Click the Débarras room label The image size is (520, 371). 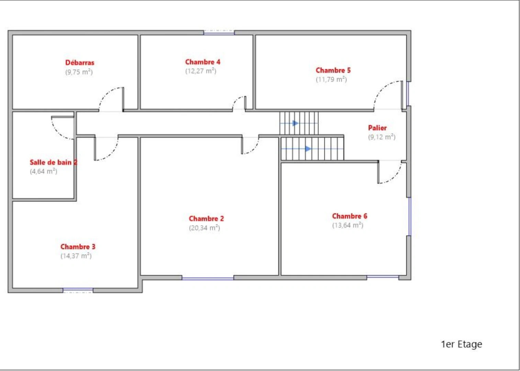(x=80, y=63)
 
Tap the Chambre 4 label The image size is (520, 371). (x=202, y=62)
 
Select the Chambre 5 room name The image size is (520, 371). (x=333, y=70)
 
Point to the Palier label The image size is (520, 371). (x=377, y=128)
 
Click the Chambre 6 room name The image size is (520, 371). (x=350, y=216)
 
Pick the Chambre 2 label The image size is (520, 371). (x=206, y=218)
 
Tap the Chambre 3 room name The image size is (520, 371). (x=78, y=247)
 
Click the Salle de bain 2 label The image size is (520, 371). (x=53, y=162)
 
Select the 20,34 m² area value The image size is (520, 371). (x=204, y=228)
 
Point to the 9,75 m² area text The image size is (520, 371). (x=79, y=72)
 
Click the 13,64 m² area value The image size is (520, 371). (x=347, y=225)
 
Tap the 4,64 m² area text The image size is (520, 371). (x=43, y=171)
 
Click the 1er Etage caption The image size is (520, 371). (x=461, y=344)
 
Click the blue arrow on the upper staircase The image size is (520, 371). (x=295, y=123)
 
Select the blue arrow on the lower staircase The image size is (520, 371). (x=308, y=149)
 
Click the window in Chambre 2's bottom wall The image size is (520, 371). (x=208, y=278)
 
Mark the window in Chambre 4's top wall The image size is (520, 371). (x=219, y=32)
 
